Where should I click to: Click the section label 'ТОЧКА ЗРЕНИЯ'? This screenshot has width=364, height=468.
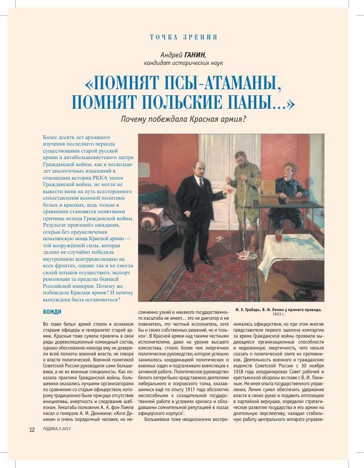tap(183, 37)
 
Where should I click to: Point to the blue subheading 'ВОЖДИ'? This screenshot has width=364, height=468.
tap(53, 312)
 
